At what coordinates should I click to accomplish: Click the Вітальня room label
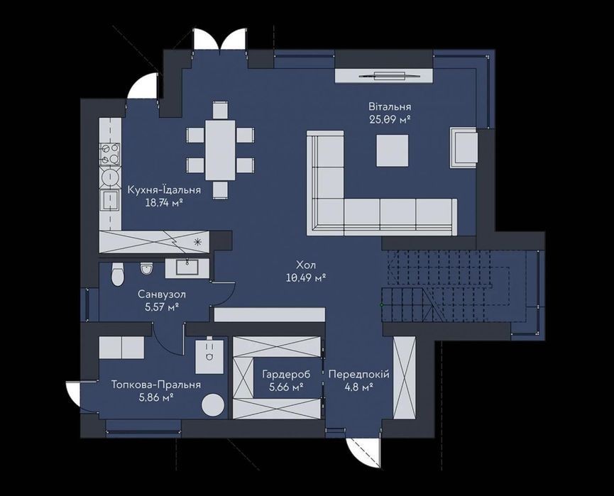coord(389,106)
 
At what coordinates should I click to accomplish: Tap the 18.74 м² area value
coord(164,203)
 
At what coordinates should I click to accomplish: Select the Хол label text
coord(306,265)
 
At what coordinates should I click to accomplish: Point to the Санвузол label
coord(162,294)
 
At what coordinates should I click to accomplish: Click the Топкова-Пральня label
coord(156,385)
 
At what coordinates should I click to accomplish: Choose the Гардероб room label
coord(286,375)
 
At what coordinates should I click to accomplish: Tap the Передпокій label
coord(359,375)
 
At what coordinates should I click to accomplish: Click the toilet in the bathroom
coord(117,274)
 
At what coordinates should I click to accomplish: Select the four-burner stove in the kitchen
coord(110,153)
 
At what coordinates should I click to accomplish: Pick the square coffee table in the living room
coord(393,150)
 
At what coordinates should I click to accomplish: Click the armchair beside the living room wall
coord(464,148)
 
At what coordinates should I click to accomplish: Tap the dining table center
coord(220,150)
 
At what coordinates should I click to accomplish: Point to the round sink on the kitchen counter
coord(110,177)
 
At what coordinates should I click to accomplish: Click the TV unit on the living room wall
coord(384,75)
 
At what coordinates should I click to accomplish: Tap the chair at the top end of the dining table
coord(221,111)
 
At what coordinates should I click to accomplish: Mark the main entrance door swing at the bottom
coord(363,453)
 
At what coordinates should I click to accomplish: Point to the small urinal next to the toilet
coord(146,268)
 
